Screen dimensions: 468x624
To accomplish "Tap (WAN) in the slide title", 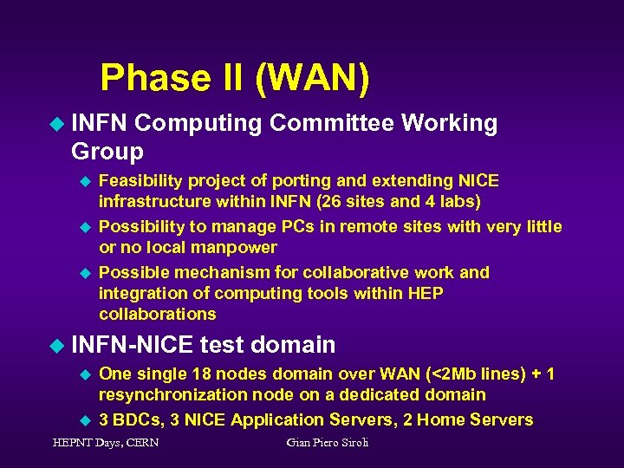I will (312, 77).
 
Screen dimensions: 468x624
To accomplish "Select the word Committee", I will (331, 124).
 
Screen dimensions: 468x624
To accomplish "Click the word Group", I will (107, 152).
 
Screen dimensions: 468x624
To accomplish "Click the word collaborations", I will (158, 314).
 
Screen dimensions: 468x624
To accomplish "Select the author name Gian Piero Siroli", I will (328, 443).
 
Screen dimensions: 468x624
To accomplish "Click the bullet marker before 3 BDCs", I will (85, 419).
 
